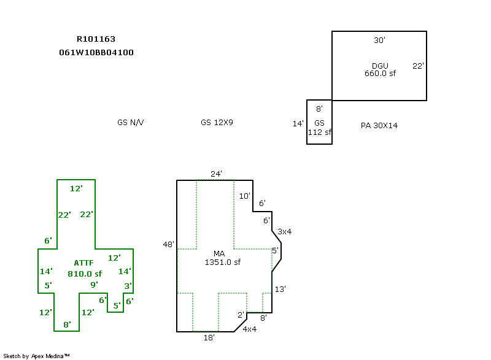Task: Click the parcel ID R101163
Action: [x=96, y=39]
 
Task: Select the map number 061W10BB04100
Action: [x=96, y=52]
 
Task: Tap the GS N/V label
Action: [x=130, y=122]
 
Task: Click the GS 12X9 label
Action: [x=217, y=122]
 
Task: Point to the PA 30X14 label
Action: [x=379, y=125]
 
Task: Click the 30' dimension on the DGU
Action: [x=379, y=40]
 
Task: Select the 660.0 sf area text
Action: [x=380, y=73]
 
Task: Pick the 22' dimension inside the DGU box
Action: [x=418, y=66]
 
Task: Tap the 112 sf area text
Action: [x=320, y=132]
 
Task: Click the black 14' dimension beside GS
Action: [x=298, y=123]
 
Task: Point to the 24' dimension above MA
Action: [x=216, y=174]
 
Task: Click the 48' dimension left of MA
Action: [x=169, y=244]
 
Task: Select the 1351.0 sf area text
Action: [x=222, y=262]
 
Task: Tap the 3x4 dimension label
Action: [x=284, y=231]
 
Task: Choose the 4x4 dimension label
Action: [x=249, y=329]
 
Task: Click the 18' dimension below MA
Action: [x=209, y=337]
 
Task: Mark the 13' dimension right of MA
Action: [x=280, y=288]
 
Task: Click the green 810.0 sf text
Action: [x=85, y=274]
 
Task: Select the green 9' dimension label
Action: [x=94, y=284]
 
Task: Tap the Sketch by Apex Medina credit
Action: [x=36, y=356]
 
